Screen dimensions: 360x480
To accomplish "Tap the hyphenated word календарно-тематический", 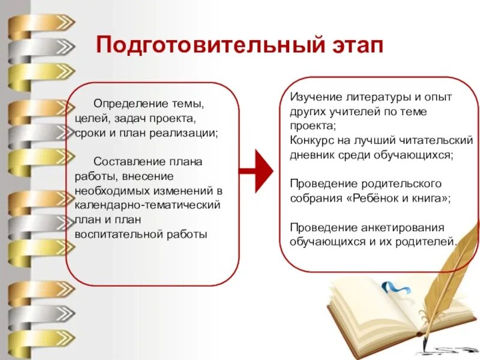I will tap(148, 205).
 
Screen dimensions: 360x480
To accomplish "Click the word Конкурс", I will tap(313, 140).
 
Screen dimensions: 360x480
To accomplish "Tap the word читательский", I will tap(439, 140).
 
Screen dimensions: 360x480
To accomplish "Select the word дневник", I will tap(313, 154).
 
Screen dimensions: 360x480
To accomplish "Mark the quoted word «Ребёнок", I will tap(370, 197).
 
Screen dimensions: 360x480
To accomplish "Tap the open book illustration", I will tap(384, 312).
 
